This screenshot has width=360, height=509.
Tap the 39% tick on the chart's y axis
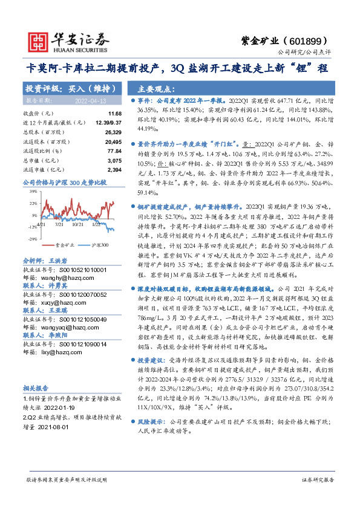click(33, 191)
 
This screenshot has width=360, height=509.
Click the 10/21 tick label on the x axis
click(78, 224)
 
